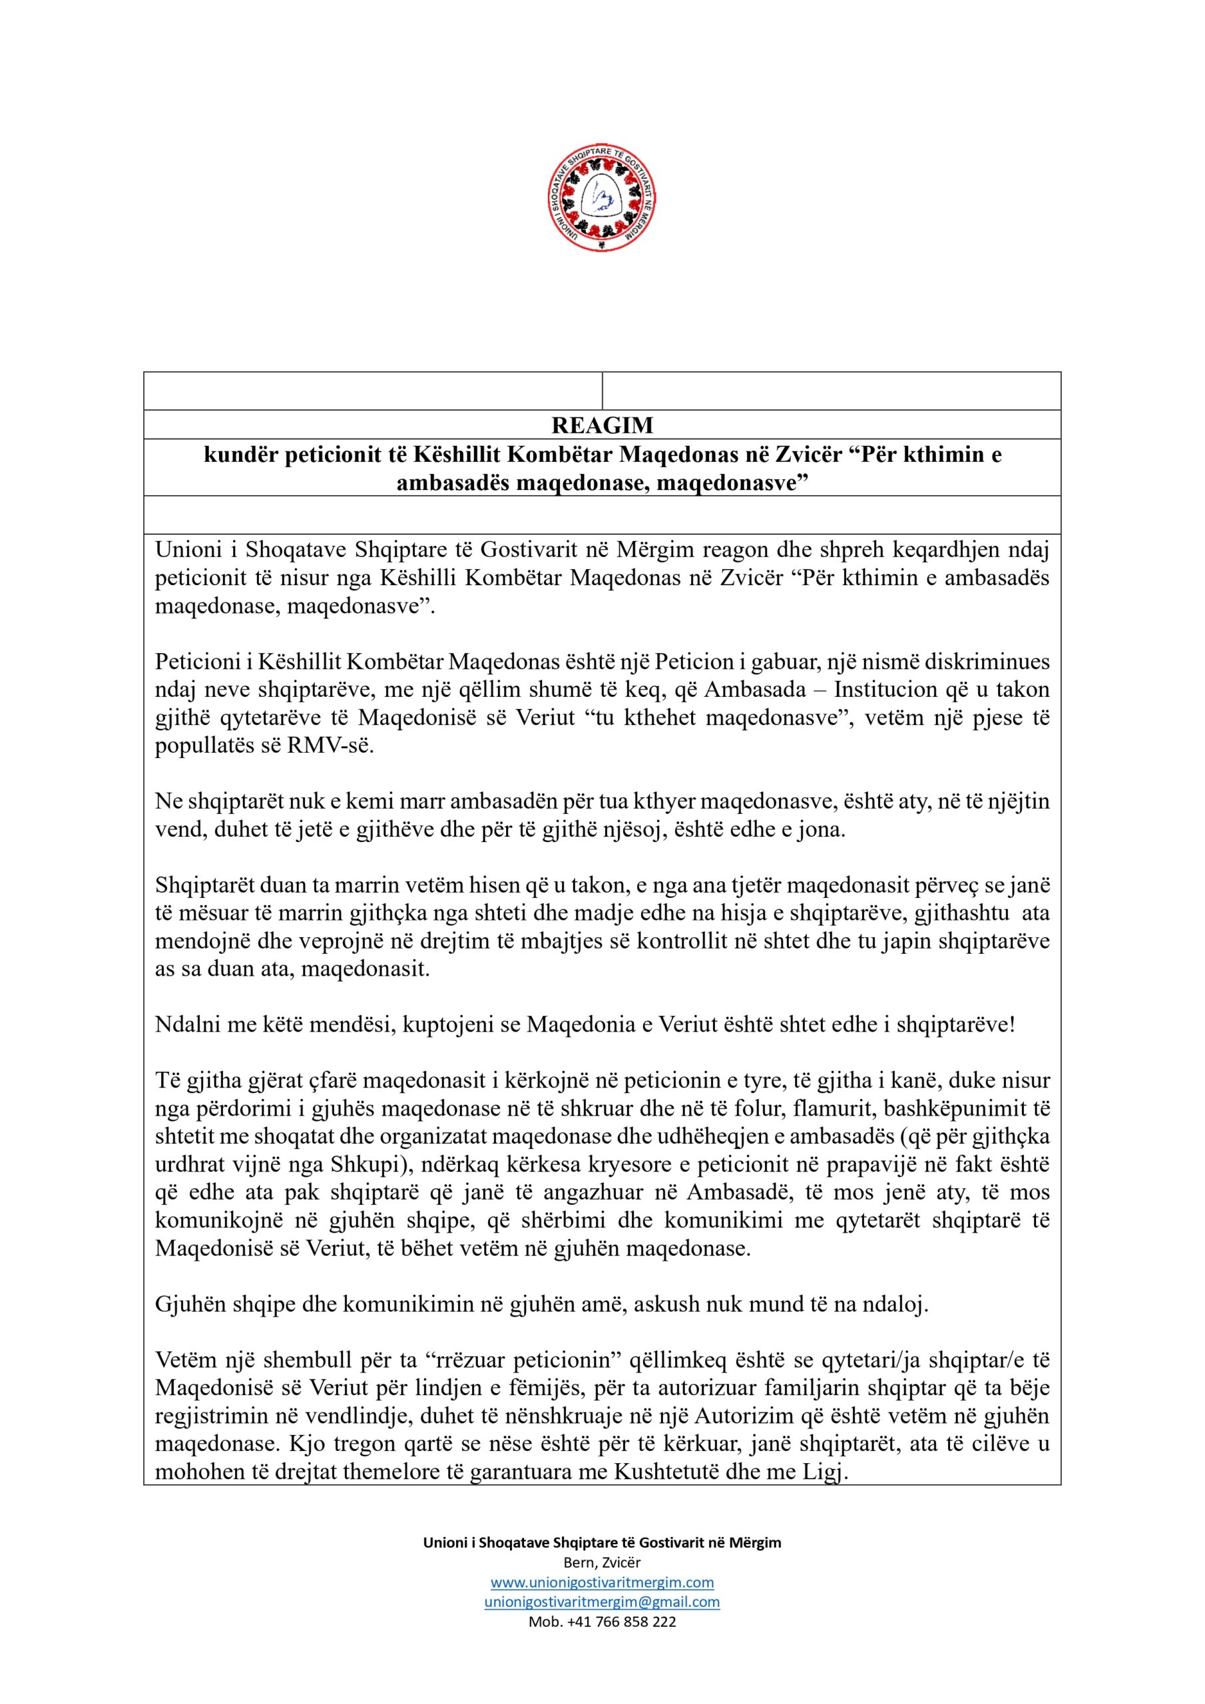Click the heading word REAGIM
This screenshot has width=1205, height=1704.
click(x=602, y=425)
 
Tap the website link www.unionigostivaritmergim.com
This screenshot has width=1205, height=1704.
click(x=602, y=1582)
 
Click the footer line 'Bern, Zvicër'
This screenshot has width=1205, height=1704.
click(x=602, y=1562)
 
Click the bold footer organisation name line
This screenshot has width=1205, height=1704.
click(x=602, y=1542)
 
